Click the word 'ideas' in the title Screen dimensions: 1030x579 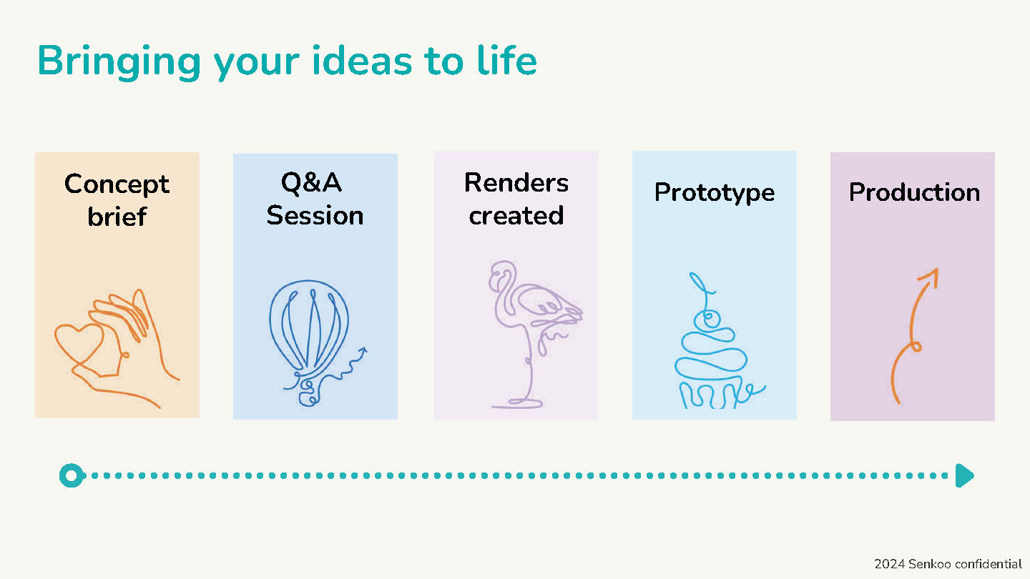[362, 61]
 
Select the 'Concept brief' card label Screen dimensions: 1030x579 [117, 200]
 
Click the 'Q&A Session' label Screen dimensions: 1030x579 [315, 199]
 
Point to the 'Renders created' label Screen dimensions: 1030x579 [516, 199]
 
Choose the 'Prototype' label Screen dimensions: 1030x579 [715, 192]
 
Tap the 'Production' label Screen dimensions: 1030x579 [914, 192]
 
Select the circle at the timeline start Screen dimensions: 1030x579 [72, 475]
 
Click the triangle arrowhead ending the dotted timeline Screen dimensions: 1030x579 [964, 475]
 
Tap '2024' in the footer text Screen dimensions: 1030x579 [889, 564]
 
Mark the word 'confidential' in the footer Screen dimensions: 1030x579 [987, 564]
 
